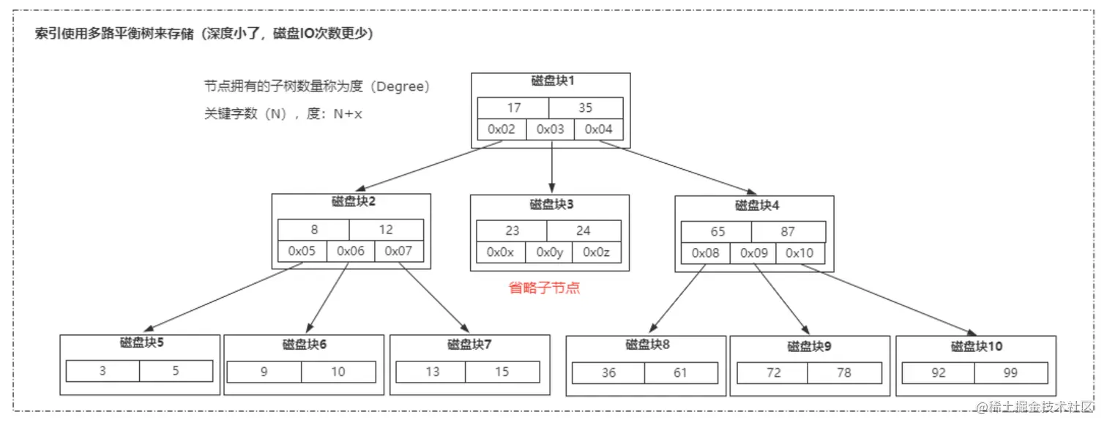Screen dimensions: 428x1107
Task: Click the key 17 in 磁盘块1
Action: click(513, 108)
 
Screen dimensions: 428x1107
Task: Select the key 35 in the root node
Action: click(585, 108)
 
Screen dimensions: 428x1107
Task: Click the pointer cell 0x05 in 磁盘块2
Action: click(302, 251)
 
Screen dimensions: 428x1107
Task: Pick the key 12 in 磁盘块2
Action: click(386, 230)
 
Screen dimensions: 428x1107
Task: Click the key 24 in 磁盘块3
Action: click(583, 230)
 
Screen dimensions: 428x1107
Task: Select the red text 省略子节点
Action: click(544, 288)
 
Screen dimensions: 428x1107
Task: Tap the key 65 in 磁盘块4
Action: click(717, 231)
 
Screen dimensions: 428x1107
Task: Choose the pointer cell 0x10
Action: click(799, 253)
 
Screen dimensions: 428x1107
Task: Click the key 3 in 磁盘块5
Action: click(102, 371)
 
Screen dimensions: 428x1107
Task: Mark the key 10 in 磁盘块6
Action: click(338, 372)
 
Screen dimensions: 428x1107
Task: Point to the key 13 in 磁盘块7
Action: click(432, 372)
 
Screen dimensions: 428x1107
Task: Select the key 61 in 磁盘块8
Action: click(680, 372)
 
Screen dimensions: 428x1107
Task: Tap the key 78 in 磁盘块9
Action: click(843, 372)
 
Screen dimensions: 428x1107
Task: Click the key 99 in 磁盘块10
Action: click(1010, 372)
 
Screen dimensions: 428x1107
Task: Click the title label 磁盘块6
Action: click(305, 344)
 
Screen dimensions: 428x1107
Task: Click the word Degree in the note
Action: click(400, 86)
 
